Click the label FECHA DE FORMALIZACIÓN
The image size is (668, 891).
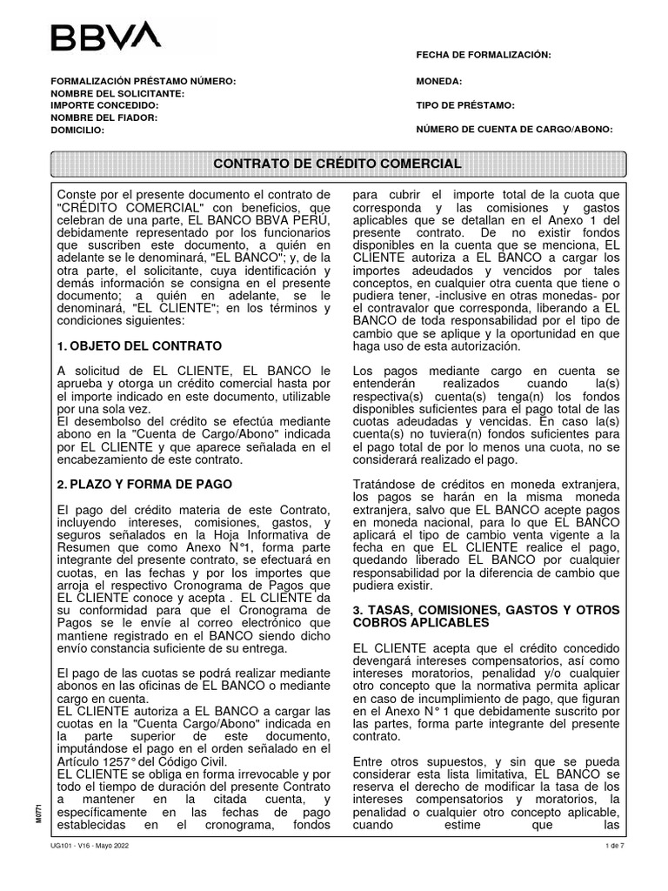click(484, 55)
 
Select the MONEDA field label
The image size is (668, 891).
click(439, 81)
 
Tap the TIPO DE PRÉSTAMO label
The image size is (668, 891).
click(466, 105)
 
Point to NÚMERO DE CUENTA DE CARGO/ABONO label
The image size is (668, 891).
click(515, 130)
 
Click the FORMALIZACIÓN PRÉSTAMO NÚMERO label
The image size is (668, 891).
click(144, 81)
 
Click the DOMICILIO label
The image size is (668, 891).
click(77, 130)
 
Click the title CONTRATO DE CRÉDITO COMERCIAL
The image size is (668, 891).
click(337, 164)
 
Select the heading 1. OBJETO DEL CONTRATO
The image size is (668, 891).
click(139, 346)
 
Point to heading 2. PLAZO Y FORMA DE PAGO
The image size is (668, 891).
click(144, 483)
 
